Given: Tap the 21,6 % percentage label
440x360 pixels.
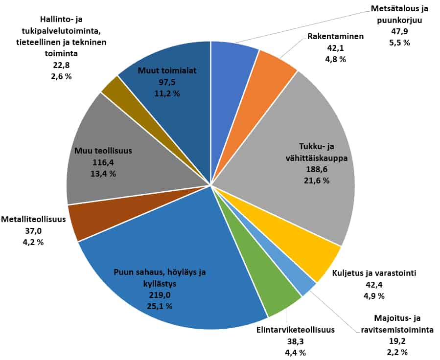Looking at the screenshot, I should click(316, 180).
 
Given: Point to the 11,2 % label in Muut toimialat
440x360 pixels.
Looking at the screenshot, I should click(167, 93).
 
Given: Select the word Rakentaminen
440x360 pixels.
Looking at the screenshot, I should click(334, 37).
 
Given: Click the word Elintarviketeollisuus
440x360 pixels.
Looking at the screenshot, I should click(295, 330).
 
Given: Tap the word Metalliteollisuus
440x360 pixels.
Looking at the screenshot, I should click(33, 219).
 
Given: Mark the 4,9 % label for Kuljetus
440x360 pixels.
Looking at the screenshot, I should click(373, 295).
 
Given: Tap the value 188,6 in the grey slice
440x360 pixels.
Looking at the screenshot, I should click(316, 169).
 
